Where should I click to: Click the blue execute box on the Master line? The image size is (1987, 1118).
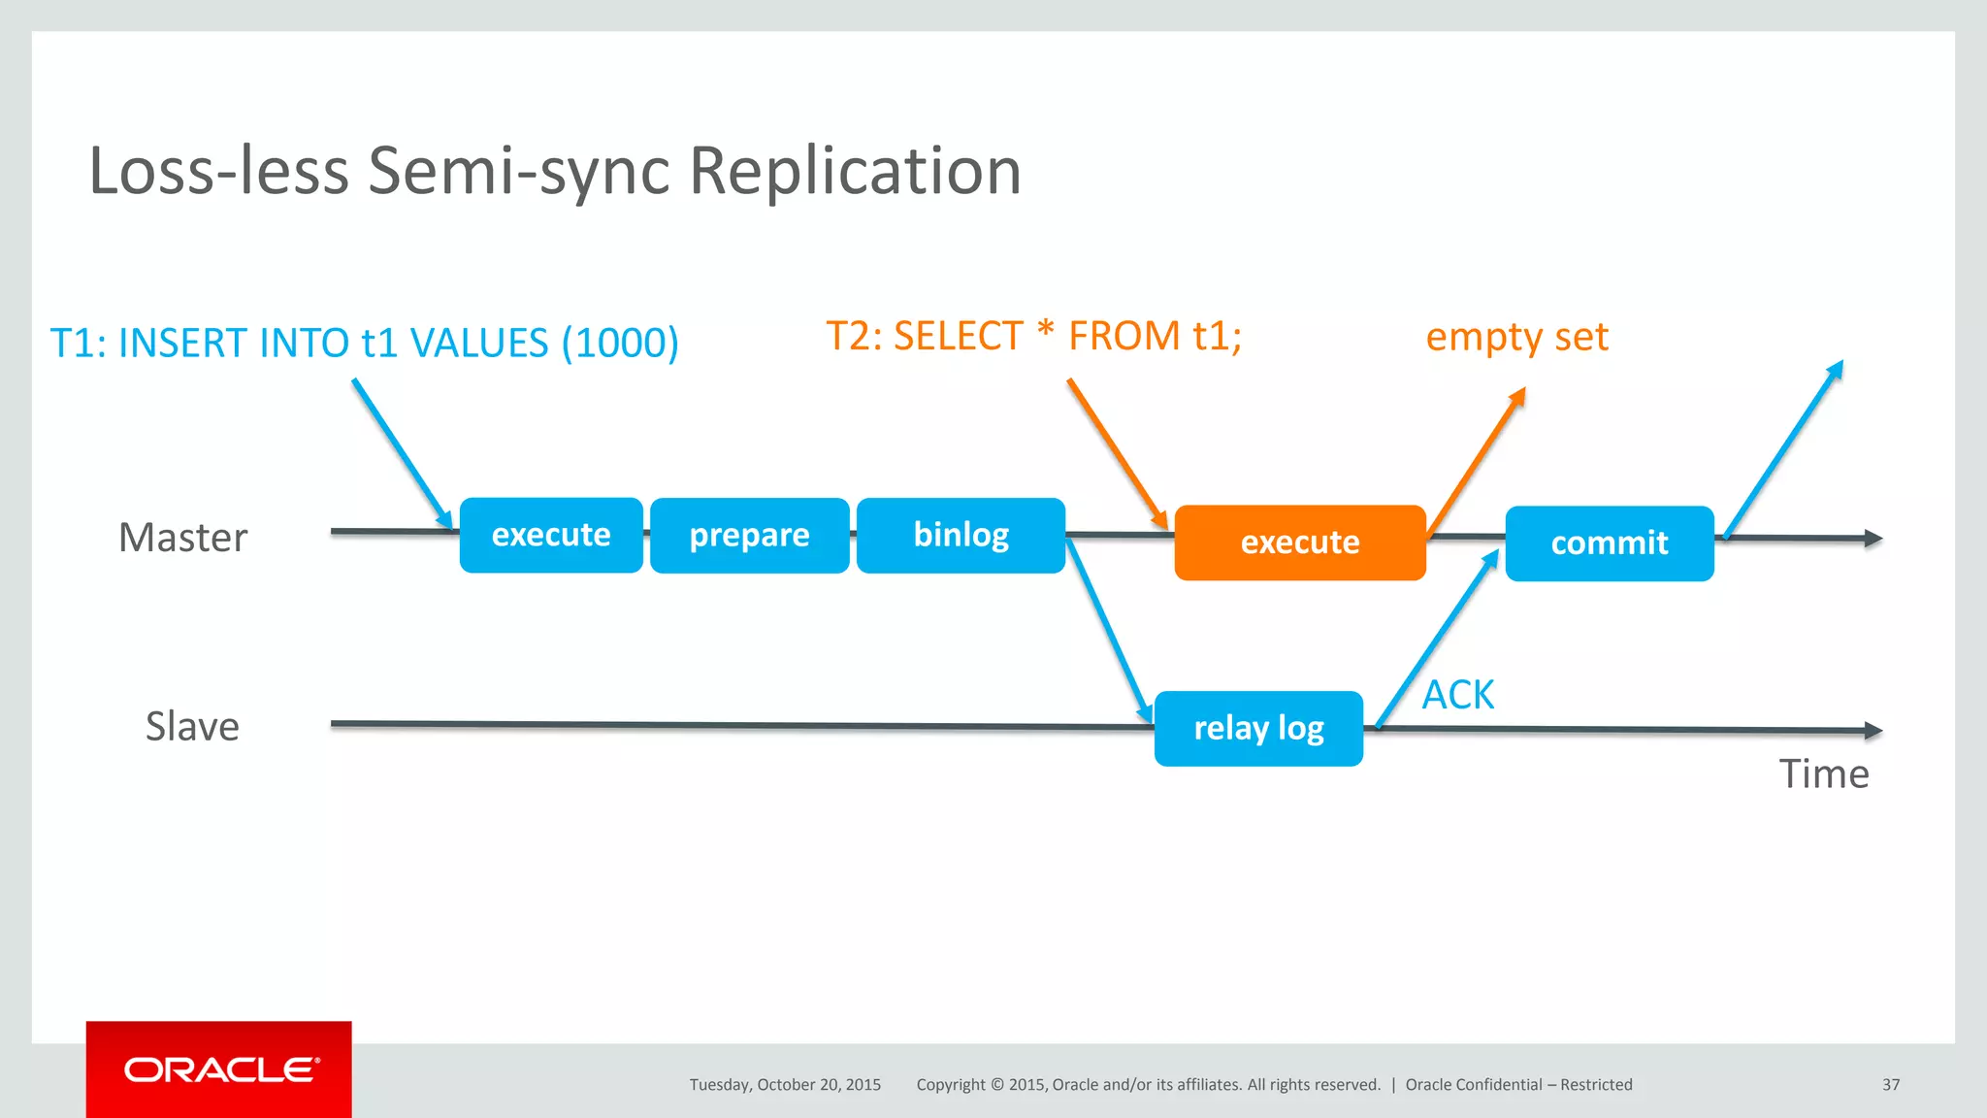point(550,535)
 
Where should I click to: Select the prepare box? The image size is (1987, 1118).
point(749,536)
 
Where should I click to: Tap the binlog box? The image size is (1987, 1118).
point(961,535)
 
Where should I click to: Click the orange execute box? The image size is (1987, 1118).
point(1299,543)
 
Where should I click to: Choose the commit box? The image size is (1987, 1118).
point(1609,543)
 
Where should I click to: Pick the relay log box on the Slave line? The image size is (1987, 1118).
point(1257,728)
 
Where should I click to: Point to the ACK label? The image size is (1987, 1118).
point(1457,695)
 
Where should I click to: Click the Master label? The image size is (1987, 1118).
point(182,538)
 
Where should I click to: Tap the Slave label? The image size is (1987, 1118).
point(192,726)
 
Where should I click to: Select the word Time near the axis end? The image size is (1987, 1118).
point(1823,774)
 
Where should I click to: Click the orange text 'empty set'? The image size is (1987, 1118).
point(1516,337)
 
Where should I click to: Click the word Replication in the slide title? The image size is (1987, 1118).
point(854,171)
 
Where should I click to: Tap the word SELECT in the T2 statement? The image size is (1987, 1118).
point(957,337)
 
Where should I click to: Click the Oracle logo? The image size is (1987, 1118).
point(219,1069)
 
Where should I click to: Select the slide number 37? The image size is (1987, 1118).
point(1890,1085)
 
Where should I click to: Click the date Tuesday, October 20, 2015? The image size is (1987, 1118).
point(785,1085)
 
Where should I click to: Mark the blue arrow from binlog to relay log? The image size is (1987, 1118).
point(1108,631)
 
